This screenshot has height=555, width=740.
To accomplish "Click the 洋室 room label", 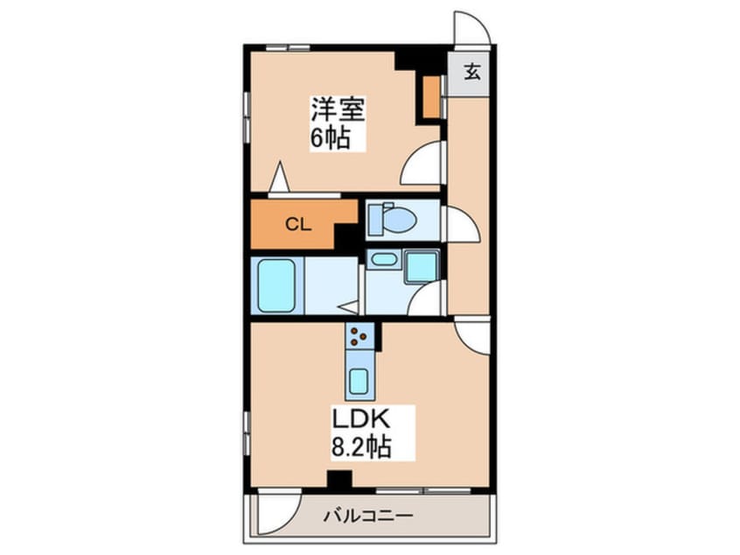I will point(337,111).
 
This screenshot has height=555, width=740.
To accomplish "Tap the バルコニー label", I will point(376,516).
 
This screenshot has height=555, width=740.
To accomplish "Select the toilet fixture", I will point(386,218).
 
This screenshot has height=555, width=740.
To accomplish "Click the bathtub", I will point(278,285).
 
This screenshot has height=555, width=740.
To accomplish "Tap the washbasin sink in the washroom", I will point(381,260).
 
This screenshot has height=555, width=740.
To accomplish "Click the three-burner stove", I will point(359,334).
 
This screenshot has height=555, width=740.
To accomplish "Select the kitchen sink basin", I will point(359,382).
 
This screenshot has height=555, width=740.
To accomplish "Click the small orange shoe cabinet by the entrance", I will point(430,98).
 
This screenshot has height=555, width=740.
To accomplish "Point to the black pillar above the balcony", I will point(339,480).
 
